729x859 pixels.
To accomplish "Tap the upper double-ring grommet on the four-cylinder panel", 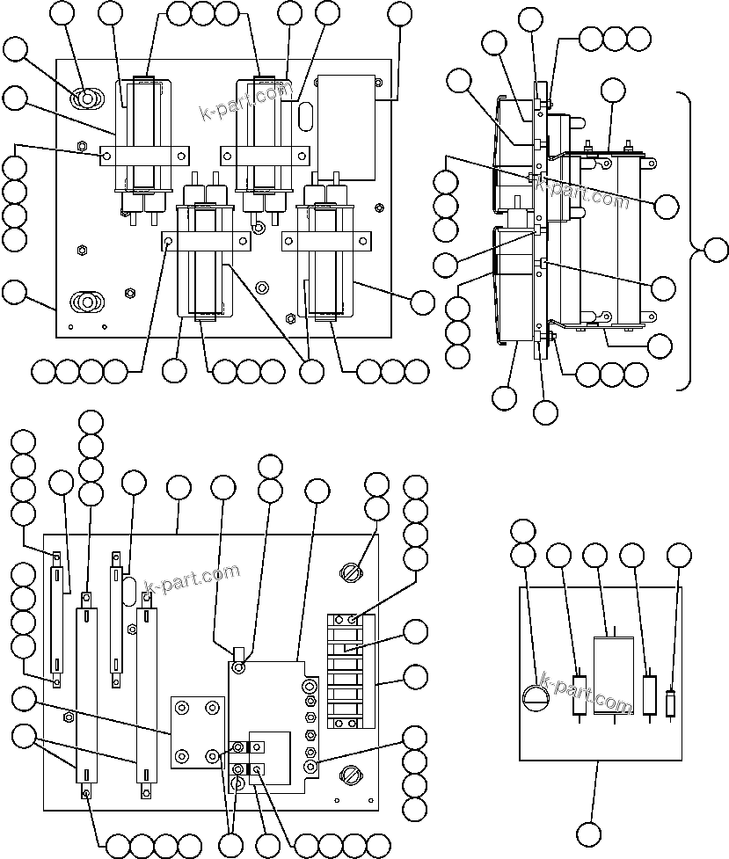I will (88, 98).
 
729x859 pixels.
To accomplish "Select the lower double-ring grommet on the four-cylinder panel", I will (86, 302).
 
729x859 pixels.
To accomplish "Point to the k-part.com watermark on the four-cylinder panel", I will (245, 100).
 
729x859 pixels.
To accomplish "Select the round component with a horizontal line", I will (536, 697).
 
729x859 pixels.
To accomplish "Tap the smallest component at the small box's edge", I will (672, 704).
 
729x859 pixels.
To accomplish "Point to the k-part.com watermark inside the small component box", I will (586, 695).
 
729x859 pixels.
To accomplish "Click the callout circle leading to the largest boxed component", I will (595, 555).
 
